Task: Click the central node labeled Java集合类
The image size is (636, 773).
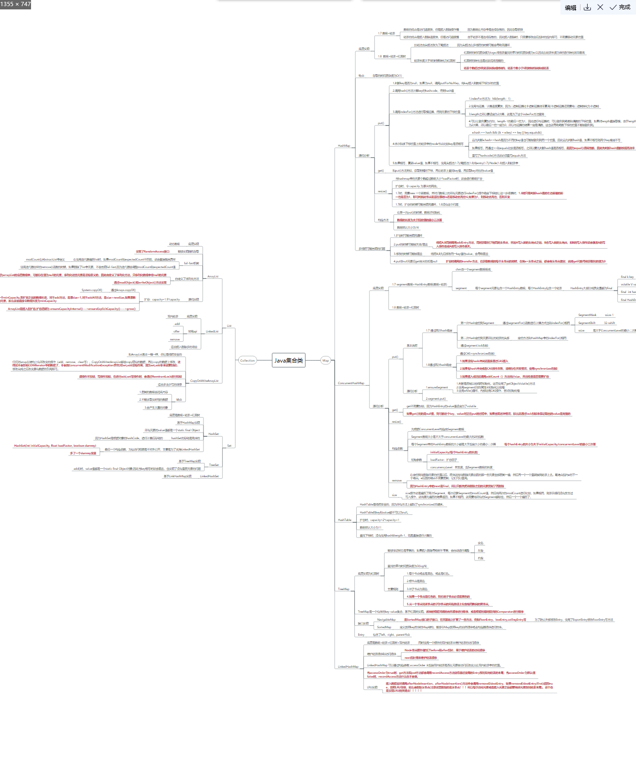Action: (x=289, y=361)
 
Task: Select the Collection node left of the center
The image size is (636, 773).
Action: (x=247, y=361)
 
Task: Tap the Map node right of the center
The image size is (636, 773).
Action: (x=325, y=361)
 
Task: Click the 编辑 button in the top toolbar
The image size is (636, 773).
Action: (x=571, y=8)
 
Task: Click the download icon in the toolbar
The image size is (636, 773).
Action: (x=587, y=8)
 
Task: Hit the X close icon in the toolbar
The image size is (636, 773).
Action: (x=600, y=8)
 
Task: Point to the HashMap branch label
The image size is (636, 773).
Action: (x=344, y=146)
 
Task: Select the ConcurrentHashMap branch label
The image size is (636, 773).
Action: (x=351, y=383)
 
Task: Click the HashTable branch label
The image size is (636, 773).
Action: (x=345, y=520)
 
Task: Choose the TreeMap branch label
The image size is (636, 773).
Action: (x=344, y=589)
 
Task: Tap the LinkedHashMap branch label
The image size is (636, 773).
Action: (x=348, y=667)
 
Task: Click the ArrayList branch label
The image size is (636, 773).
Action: (x=213, y=276)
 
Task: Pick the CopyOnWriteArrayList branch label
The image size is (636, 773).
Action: (x=204, y=381)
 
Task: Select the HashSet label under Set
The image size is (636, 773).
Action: (x=213, y=434)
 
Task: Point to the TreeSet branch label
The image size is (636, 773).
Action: (x=214, y=465)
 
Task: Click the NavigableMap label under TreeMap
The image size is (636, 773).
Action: (x=386, y=620)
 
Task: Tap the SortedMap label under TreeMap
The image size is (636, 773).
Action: (x=384, y=627)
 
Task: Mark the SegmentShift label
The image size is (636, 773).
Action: (x=587, y=323)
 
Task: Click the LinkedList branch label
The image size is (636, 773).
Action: (x=212, y=331)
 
